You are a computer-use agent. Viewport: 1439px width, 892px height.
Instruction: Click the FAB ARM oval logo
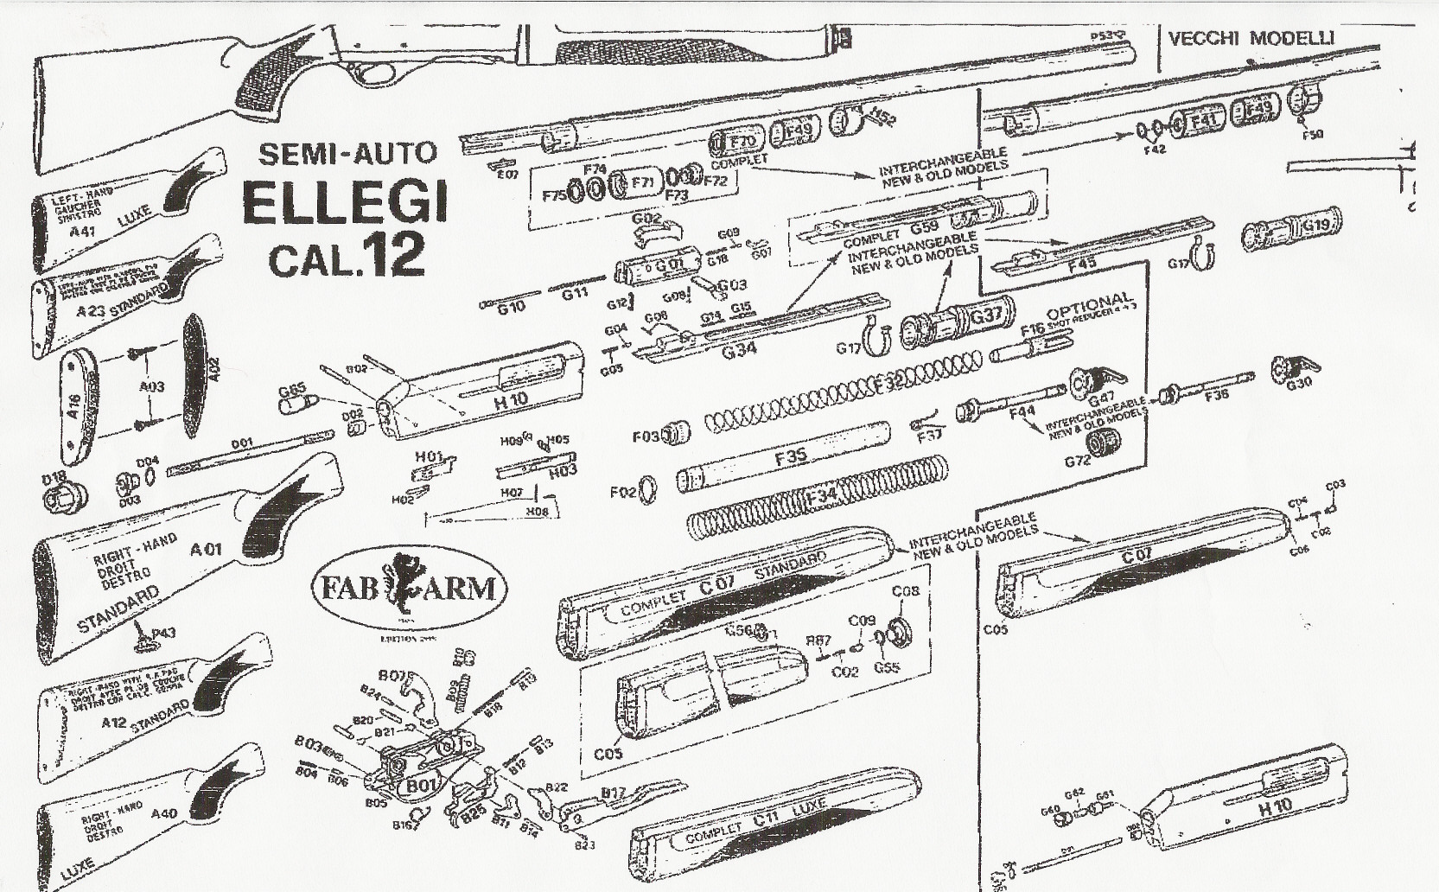pyautogui.click(x=410, y=589)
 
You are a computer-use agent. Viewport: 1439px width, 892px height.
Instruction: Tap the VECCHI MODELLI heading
pyautogui.click(x=1251, y=38)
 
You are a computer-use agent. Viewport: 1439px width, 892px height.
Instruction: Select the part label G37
pyautogui.click(x=985, y=316)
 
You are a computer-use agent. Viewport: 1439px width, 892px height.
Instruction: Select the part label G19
pyautogui.click(x=1316, y=225)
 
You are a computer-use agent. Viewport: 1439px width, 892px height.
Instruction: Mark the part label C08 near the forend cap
pyautogui.click(x=905, y=592)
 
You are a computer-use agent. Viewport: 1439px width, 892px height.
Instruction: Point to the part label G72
pyautogui.click(x=1077, y=462)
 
